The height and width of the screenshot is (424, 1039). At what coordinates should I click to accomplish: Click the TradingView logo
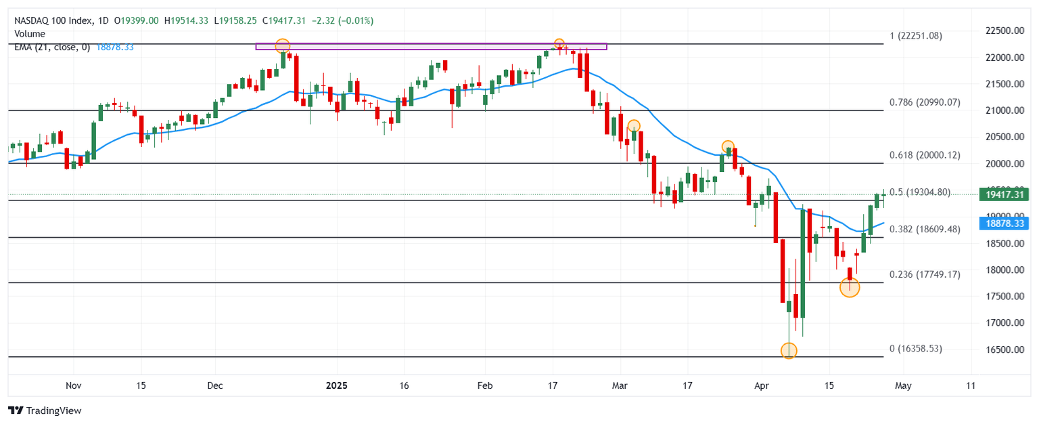[x=45, y=410]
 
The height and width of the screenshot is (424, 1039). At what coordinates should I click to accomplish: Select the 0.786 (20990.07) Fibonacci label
[x=925, y=103]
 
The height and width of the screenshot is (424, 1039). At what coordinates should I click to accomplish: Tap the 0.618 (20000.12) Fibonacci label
[x=925, y=155]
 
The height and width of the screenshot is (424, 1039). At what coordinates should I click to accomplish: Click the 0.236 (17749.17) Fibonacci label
[x=925, y=274]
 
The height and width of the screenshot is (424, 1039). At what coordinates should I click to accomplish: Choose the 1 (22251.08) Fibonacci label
[x=916, y=36]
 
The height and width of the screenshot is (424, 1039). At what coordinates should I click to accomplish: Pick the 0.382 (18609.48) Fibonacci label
[x=925, y=230]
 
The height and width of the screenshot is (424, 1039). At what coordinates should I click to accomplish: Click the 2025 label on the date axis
[x=336, y=385]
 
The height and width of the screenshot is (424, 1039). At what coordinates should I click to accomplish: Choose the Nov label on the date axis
[x=74, y=385]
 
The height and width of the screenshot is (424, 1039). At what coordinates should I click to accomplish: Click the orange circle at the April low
[x=789, y=351]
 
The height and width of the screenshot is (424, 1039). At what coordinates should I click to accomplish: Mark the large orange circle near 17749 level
[x=850, y=288]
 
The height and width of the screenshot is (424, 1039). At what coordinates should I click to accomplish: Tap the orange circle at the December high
[x=283, y=46]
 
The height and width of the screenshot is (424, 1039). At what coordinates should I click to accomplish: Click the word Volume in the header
[x=30, y=34]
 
